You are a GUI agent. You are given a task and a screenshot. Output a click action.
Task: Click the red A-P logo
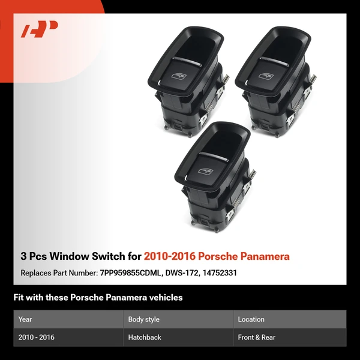pyautogui.click(x=39, y=30)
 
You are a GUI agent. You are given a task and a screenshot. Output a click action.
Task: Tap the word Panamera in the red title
pyautogui.click(x=263, y=257)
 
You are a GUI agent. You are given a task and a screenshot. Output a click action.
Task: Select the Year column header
pyautogui.click(x=26, y=319)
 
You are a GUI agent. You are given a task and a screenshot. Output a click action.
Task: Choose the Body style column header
pyautogui.click(x=144, y=319)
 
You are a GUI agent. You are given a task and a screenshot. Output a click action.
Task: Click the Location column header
pyautogui.click(x=251, y=319)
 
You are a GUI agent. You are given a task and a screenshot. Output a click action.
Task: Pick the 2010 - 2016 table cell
pyautogui.click(x=37, y=337)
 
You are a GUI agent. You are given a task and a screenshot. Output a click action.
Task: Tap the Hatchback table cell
pyautogui.click(x=145, y=337)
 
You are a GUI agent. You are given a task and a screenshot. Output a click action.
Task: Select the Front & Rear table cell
pyautogui.click(x=257, y=337)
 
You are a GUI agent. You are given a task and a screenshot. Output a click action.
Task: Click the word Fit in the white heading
pyautogui.click(x=20, y=298)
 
